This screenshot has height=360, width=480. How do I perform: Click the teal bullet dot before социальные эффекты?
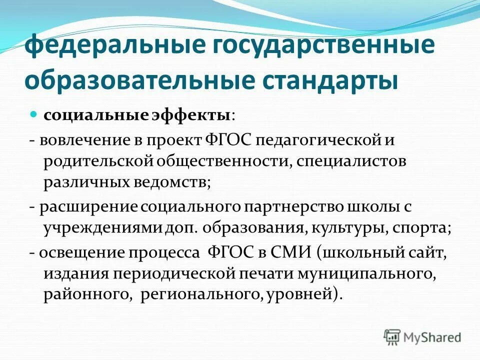[34, 114]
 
